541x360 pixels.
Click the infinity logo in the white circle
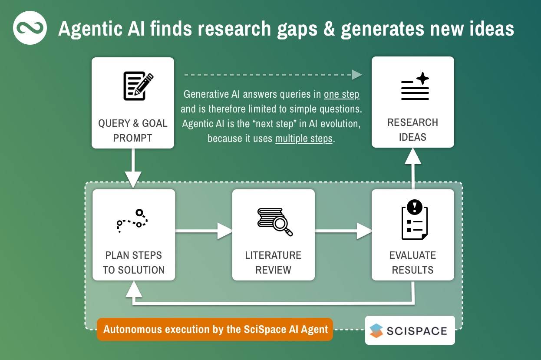(30, 28)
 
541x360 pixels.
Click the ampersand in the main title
(329, 29)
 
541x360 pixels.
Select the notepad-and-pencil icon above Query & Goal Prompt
(138, 86)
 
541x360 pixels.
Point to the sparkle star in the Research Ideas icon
(422, 78)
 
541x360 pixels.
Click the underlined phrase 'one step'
(342, 94)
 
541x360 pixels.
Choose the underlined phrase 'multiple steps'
(304, 139)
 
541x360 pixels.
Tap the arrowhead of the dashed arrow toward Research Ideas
(357, 75)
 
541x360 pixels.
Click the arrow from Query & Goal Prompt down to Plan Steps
(133, 168)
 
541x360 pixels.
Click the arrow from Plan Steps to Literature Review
(204, 231)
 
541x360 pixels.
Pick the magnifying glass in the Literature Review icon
(282, 225)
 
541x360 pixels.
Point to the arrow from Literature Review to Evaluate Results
(343, 231)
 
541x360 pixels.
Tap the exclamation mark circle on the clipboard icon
(415, 207)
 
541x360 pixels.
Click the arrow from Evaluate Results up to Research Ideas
(413, 168)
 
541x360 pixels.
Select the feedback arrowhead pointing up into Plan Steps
(134, 289)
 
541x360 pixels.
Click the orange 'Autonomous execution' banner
(215, 329)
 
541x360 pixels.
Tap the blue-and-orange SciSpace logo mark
(376, 330)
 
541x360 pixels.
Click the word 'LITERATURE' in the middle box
(273, 255)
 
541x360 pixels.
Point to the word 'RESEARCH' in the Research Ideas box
(412, 122)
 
